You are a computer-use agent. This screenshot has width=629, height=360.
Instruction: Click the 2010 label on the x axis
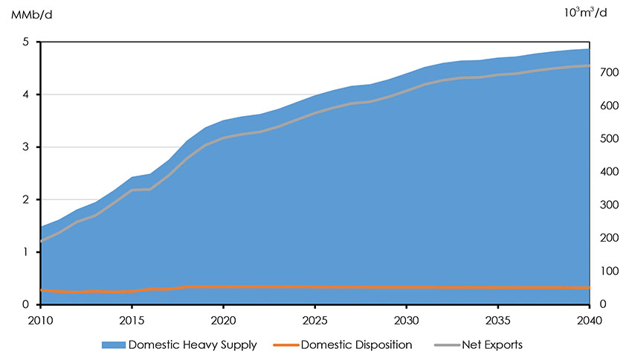pos(40,318)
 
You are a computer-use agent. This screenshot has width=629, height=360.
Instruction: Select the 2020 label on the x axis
pos(223,318)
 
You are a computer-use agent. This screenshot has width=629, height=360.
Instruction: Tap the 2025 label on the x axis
pos(314,318)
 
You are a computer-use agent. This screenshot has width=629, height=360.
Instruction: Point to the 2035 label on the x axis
pos(497,318)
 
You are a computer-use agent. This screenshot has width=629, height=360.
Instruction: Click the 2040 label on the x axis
pos(589,318)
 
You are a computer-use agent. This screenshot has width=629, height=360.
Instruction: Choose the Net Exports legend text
pos(492,345)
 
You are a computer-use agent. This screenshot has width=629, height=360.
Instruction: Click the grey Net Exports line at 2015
pos(132,190)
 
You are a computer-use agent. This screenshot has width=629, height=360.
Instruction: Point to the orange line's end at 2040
pos(588,288)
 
